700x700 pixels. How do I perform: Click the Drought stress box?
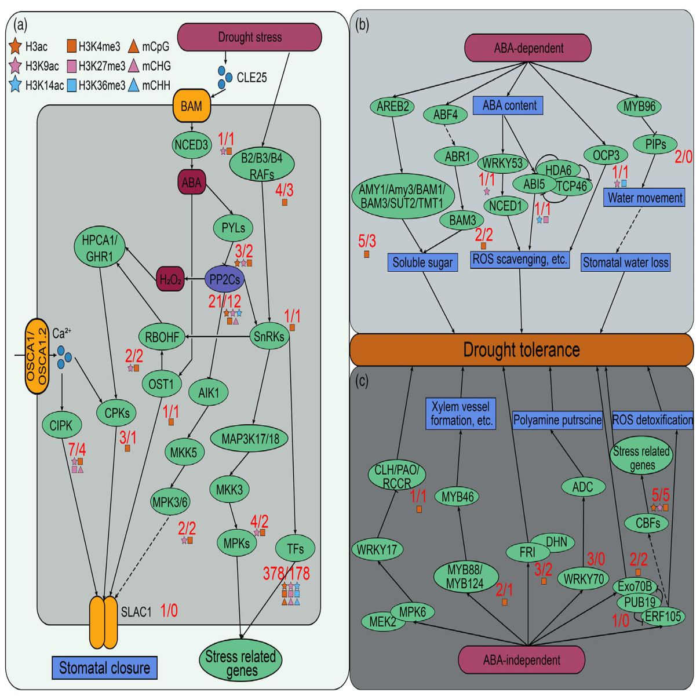[250, 37]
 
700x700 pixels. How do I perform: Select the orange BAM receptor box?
[191, 106]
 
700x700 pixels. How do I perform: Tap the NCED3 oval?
[191, 144]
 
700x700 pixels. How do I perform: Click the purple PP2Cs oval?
[225, 279]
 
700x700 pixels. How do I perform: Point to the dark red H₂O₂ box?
[170, 279]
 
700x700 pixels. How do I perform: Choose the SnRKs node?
[269, 336]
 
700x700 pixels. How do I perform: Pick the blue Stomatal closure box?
[104, 668]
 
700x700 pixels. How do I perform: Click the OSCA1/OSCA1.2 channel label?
[36, 356]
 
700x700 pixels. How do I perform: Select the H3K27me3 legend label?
[101, 66]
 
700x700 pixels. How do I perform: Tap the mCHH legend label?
[156, 86]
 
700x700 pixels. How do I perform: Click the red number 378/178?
[286, 573]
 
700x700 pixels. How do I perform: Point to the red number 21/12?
[225, 301]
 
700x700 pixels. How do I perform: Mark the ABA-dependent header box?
[528, 48]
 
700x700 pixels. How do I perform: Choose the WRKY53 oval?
[502, 163]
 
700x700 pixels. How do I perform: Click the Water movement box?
[644, 198]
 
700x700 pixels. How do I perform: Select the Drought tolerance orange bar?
[522, 349]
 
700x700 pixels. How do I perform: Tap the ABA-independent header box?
[521, 659]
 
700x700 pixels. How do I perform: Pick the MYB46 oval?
[458, 497]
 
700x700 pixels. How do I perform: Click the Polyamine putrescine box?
[557, 420]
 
